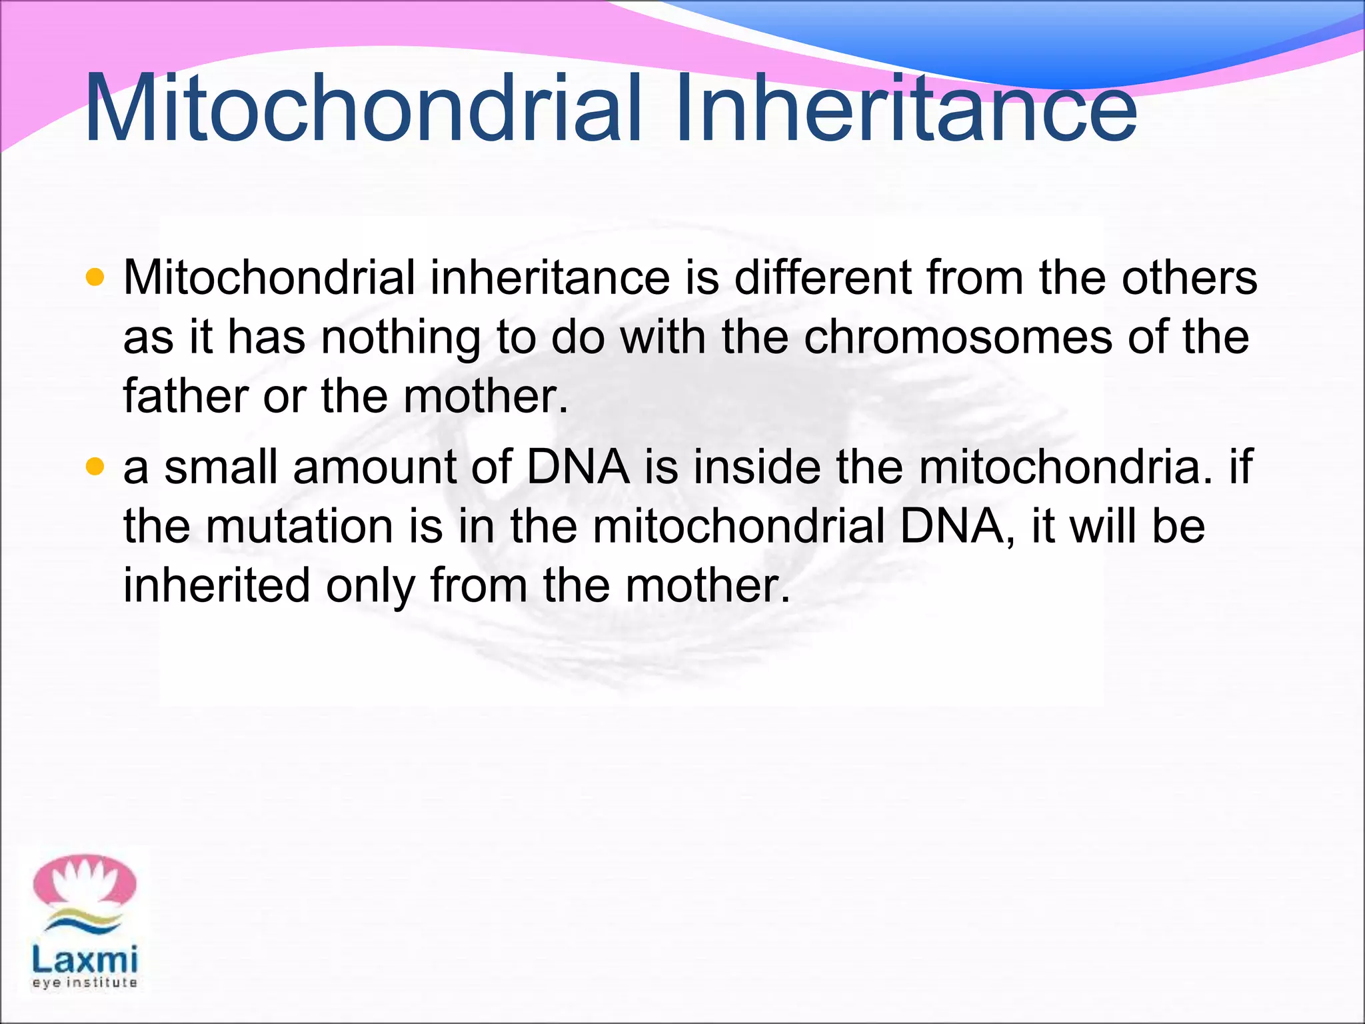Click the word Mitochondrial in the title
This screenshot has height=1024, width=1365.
tap(363, 109)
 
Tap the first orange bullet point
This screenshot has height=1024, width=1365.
tap(96, 277)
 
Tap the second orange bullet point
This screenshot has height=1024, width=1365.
tap(96, 467)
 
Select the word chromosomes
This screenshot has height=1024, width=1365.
tap(958, 337)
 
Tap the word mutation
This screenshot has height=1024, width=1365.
tap(299, 526)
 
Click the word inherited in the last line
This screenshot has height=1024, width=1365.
tap(217, 585)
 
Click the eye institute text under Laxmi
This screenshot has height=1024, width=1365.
tap(85, 983)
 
